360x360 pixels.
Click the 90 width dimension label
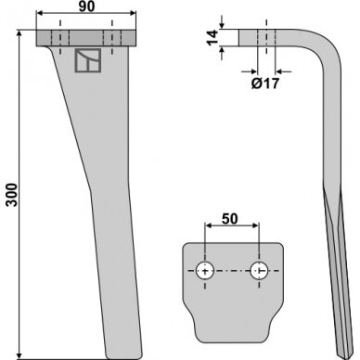(86, 6)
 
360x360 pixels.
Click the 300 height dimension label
(13, 194)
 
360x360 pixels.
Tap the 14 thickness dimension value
(212, 38)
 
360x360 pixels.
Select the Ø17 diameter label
(265, 84)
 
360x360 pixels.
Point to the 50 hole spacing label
(230, 219)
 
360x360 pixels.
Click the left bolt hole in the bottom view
(205, 271)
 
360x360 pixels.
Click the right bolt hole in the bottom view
(259, 271)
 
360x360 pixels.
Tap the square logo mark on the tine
(88, 60)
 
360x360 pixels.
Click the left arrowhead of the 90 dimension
(40, 13)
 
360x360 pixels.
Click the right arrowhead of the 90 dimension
(133, 13)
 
